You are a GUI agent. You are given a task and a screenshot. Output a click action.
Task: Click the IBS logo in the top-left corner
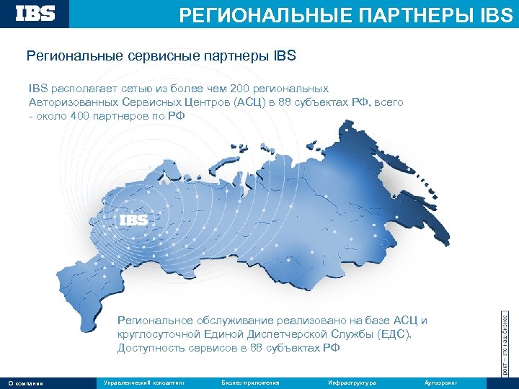pyautogui.click(x=35, y=14)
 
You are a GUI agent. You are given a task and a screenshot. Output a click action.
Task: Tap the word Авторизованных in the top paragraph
pyautogui.click(x=72, y=102)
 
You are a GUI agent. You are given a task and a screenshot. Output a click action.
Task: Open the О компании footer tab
pyautogui.click(x=25, y=383)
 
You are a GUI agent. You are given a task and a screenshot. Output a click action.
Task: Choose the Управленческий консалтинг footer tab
pyautogui.click(x=144, y=383)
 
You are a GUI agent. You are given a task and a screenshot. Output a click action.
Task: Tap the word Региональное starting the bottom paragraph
pyautogui.click(x=154, y=321)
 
